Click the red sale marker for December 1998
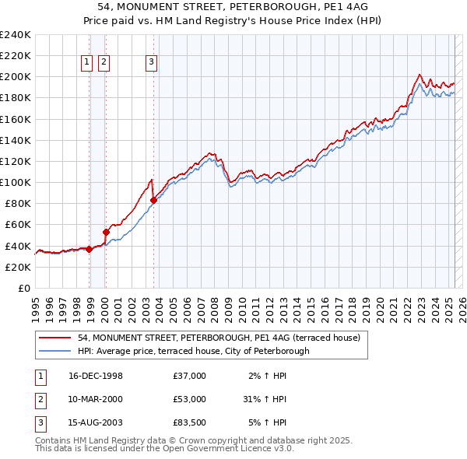point(90,249)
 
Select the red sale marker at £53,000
point(106,232)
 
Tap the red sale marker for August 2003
point(153,200)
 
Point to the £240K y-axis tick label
point(16,35)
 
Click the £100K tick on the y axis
point(16,182)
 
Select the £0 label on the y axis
point(25,288)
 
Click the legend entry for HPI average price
point(193,351)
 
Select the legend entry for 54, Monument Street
point(219,338)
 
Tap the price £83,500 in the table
point(189,422)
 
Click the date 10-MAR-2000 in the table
point(95,399)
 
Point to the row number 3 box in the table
point(40,422)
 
